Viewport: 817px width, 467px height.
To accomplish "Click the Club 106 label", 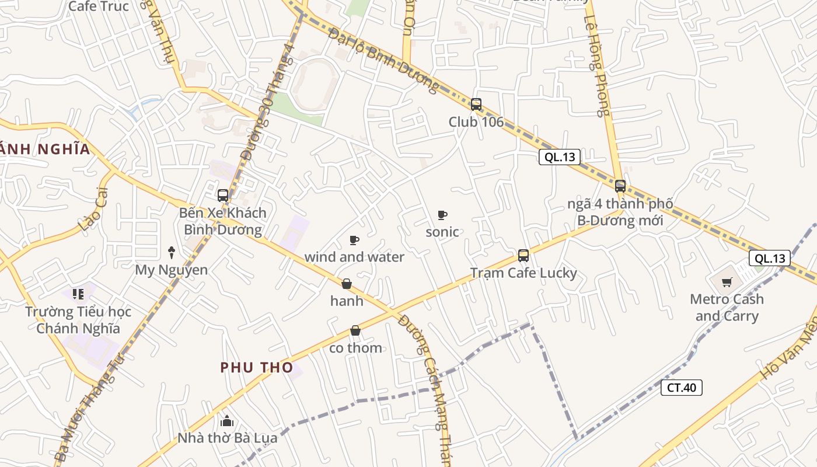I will [476, 122].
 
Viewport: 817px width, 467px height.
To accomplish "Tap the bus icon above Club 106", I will [476, 104].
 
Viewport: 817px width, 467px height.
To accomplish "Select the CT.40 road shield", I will [681, 388].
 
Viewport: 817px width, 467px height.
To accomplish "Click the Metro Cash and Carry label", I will [727, 308].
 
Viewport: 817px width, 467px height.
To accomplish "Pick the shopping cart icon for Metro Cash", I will [727, 283].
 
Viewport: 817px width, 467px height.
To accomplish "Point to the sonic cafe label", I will [442, 232].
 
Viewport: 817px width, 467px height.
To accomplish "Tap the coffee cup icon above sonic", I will [442, 215].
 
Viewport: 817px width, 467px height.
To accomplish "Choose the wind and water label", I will [354, 257].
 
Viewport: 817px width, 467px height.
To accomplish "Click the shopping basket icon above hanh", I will [347, 284].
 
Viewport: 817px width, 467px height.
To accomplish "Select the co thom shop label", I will [356, 348].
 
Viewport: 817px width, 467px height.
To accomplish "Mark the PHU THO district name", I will [256, 367].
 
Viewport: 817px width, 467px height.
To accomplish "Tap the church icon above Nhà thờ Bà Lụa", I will [227, 421].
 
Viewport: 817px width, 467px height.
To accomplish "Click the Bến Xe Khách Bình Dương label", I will [223, 221].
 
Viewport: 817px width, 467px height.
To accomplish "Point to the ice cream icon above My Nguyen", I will [172, 252].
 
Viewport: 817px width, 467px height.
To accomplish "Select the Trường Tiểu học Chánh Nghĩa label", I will [78, 320].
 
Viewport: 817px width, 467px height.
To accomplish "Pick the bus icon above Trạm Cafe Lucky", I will [523, 256].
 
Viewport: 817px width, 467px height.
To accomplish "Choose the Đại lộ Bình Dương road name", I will [383, 60].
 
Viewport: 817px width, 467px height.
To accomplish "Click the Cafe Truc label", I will [99, 6].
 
